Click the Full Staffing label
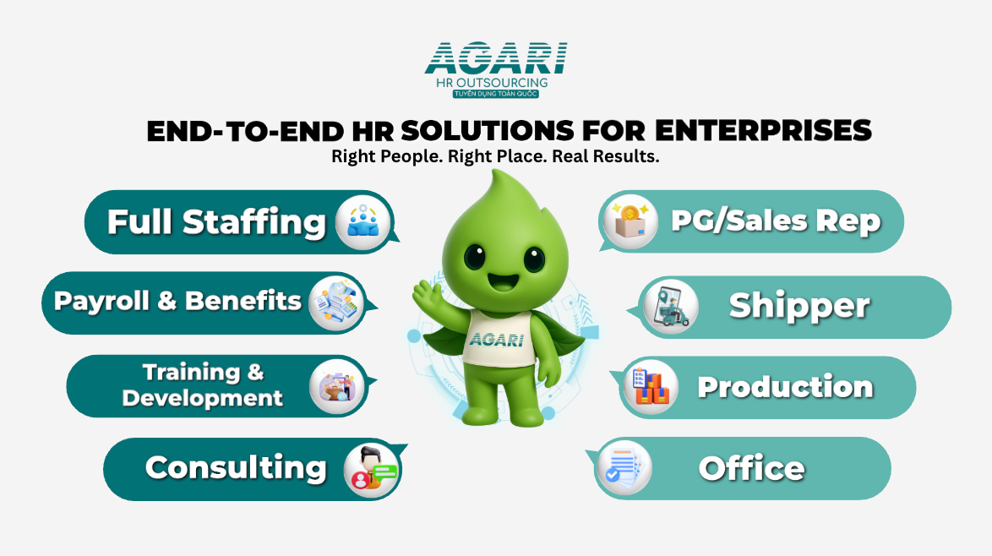pyautogui.click(x=216, y=222)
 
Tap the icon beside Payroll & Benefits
pyautogui.click(x=336, y=303)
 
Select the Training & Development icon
pyautogui.click(x=336, y=386)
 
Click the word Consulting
pyautogui.click(x=236, y=469)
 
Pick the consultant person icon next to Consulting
pyautogui.click(x=372, y=471)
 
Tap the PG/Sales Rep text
pyautogui.click(x=776, y=221)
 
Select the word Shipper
pyautogui.click(x=799, y=307)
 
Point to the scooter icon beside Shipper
pyautogui.click(x=671, y=307)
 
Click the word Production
pyautogui.click(x=785, y=386)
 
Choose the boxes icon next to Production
pyautogui.click(x=651, y=386)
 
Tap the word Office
pyautogui.click(x=751, y=468)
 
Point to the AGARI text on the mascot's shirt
pyautogui.click(x=497, y=340)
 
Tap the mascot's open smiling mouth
pyautogui.click(x=503, y=281)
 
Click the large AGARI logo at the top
pyautogui.click(x=496, y=58)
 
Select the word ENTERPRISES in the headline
pyautogui.click(x=763, y=131)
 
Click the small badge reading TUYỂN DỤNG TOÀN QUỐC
pyautogui.click(x=496, y=94)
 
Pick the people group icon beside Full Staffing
pyautogui.click(x=363, y=222)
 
